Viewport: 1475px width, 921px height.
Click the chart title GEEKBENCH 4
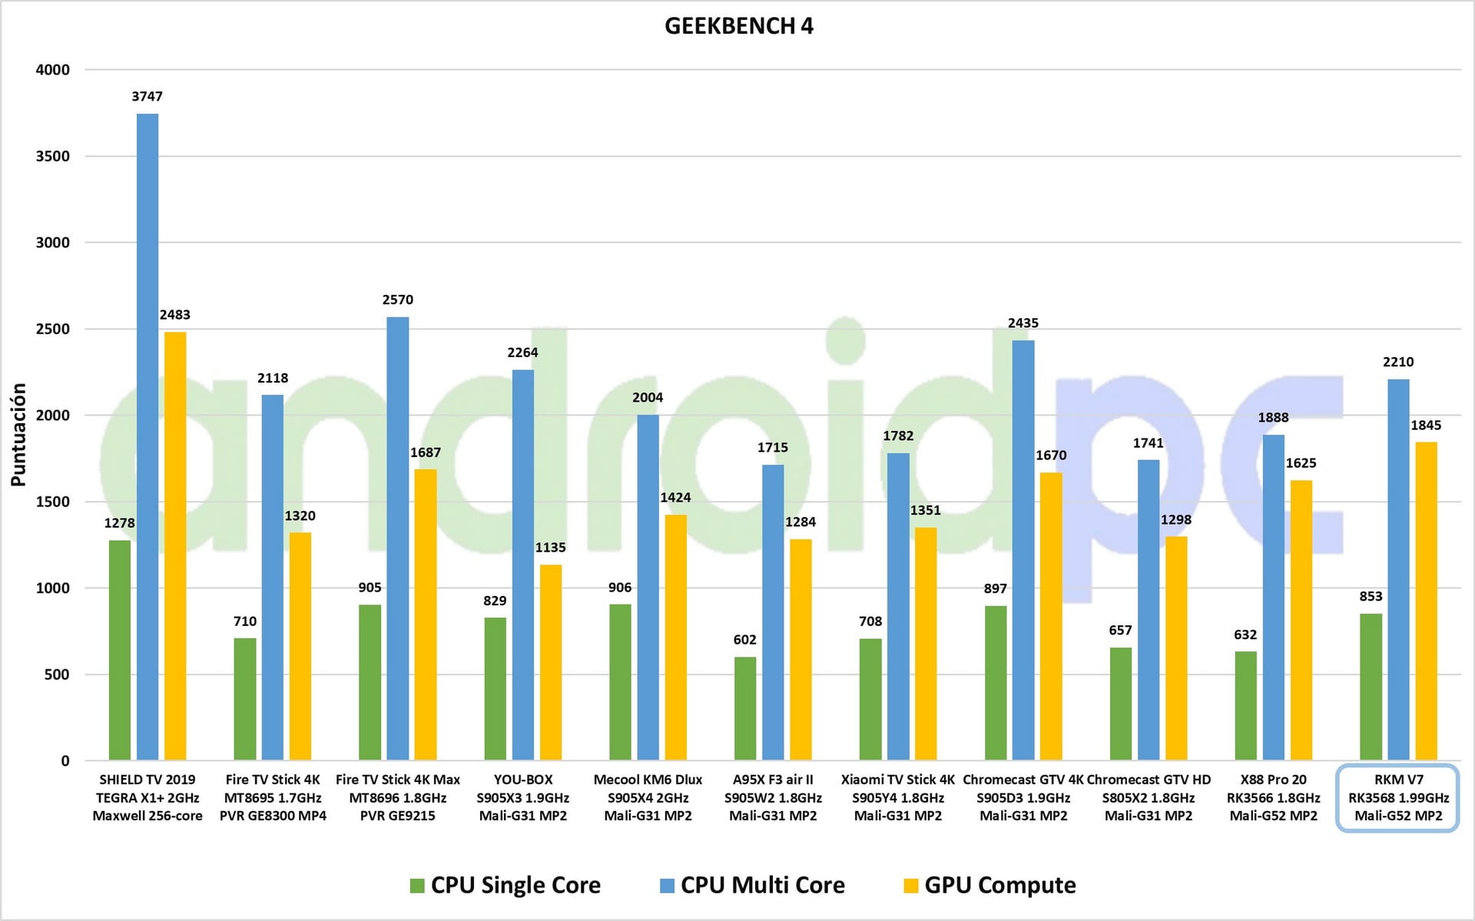click(x=738, y=26)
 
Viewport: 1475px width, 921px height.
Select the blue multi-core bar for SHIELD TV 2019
click(x=147, y=438)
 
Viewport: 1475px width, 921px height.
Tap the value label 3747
click(x=147, y=97)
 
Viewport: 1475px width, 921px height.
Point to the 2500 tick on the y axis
click(x=52, y=329)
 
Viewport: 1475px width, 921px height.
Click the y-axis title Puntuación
click(x=18, y=435)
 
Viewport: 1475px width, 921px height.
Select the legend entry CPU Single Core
click(x=505, y=885)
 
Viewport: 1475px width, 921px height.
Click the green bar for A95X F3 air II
click(x=745, y=708)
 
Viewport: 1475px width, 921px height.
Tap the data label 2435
click(x=1023, y=323)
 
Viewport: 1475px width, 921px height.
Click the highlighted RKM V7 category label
click(x=1398, y=797)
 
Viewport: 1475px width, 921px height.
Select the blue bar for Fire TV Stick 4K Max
click(x=398, y=538)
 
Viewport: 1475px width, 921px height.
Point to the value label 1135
click(x=550, y=548)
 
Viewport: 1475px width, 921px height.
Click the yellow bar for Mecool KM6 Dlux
click(x=676, y=638)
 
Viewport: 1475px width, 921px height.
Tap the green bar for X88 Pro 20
click(x=1246, y=706)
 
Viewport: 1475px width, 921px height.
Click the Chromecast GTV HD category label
click(x=1149, y=797)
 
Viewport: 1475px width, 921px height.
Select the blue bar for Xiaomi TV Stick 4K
click(x=898, y=607)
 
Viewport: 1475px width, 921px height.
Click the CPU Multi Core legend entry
click(x=753, y=885)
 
